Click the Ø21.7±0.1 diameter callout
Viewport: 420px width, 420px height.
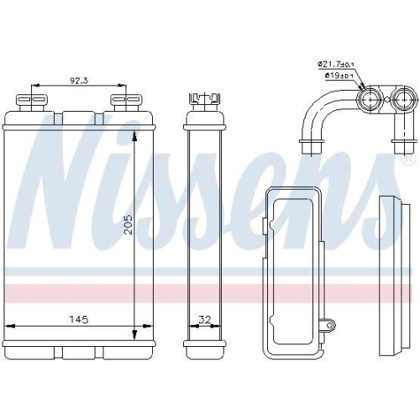[x=337, y=64]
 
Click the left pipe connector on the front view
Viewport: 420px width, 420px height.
[x=32, y=102]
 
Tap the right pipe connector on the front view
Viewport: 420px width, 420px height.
[x=123, y=102]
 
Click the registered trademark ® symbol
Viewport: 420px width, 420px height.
[x=409, y=158]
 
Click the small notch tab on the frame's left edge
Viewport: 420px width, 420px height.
[x=265, y=224]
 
